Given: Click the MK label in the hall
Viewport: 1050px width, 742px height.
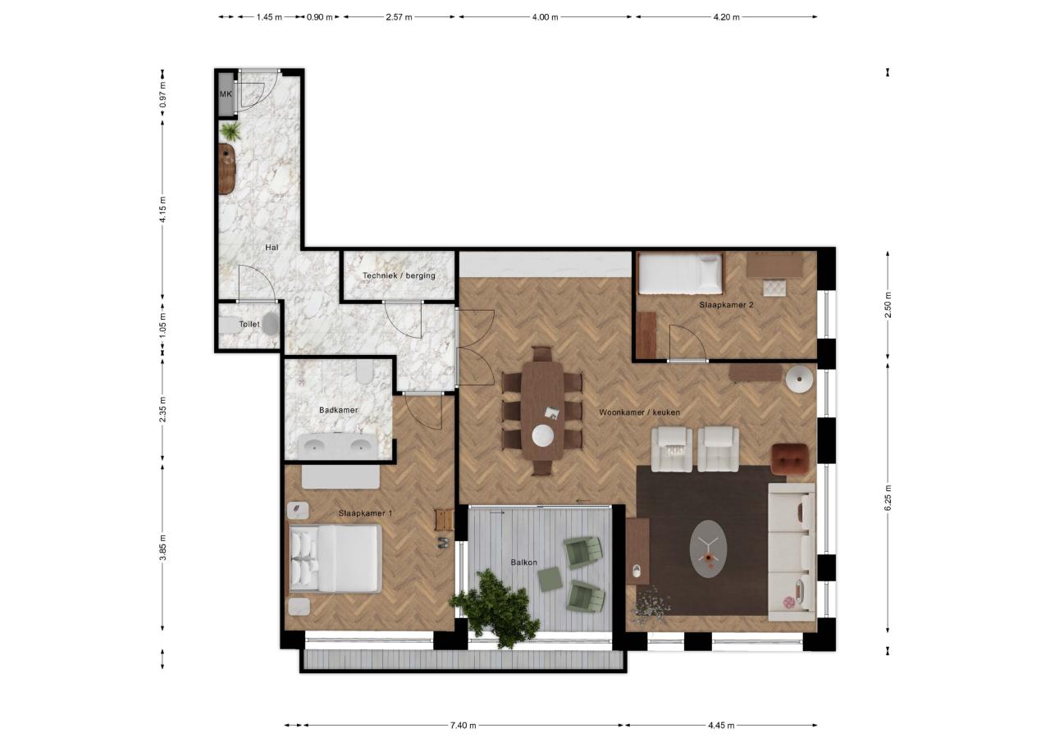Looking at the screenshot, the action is click(x=226, y=94).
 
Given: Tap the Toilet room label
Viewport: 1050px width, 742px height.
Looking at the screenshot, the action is click(x=249, y=324).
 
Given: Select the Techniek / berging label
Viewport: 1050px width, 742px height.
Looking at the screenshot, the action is click(x=399, y=275).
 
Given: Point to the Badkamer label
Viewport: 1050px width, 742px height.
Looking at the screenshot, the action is click(x=339, y=410).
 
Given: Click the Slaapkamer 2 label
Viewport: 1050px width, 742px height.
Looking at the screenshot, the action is click(x=726, y=305).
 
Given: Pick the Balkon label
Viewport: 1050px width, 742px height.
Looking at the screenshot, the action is click(x=524, y=562).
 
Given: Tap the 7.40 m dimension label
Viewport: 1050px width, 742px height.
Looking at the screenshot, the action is click(x=463, y=726).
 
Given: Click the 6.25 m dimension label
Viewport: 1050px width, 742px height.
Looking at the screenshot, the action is click(x=888, y=498).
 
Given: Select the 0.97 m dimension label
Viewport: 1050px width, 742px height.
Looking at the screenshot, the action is click(x=162, y=95).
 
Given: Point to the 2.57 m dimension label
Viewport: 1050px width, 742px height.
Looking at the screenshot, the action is click(x=399, y=17).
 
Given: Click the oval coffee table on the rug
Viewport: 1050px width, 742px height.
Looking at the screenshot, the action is click(x=708, y=549).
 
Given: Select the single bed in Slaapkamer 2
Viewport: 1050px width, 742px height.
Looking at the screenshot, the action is click(x=680, y=273).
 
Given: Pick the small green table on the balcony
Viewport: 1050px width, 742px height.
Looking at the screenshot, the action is click(x=550, y=579).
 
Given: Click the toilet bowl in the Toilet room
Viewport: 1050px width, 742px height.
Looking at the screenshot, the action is click(x=270, y=324).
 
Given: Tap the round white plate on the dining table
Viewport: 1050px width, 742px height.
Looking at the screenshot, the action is click(x=543, y=435).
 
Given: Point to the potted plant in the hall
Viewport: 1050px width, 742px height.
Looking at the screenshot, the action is click(x=231, y=132).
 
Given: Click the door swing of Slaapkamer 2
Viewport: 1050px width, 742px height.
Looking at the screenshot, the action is click(x=687, y=343).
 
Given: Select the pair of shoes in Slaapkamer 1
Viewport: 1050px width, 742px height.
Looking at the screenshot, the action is click(x=443, y=543).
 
